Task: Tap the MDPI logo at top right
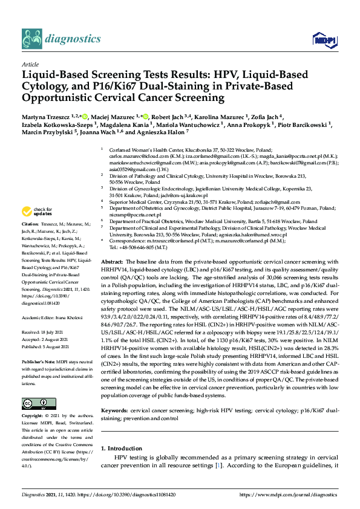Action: (x=323, y=40)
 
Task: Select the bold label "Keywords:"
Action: (x=115, y=427)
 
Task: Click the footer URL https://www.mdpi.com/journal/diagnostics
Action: (x=289, y=495)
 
